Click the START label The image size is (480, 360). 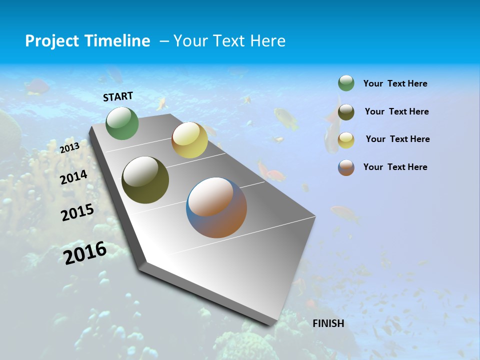coord(118,96)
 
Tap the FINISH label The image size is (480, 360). coord(328,323)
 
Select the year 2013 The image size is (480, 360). coord(69,147)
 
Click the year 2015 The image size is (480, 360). coord(77,213)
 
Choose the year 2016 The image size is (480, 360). coord(85,253)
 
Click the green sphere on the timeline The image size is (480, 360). coord(122,123)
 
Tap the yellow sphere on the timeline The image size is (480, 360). coord(189,140)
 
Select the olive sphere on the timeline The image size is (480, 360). coord(145,180)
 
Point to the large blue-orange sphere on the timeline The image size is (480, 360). coord(216,207)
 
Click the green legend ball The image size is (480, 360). coord(346,83)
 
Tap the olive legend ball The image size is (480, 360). coord(346,112)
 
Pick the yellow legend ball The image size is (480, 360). coord(346,140)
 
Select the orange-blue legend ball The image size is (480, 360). coord(346,167)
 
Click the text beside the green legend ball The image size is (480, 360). coord(395,84)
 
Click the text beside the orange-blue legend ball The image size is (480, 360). coord(395,167)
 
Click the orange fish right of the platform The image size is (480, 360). coord(345,213)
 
